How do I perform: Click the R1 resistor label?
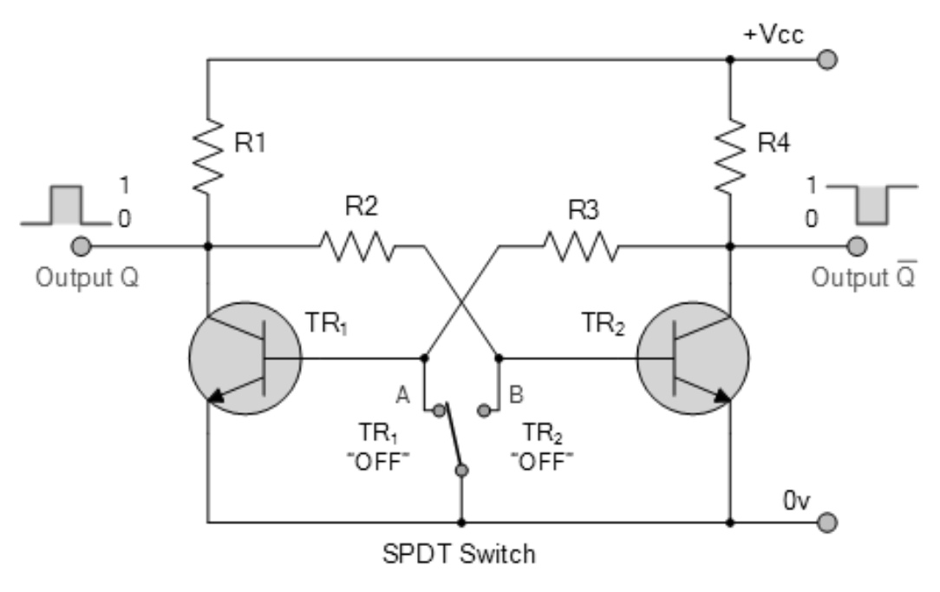coord(251,143)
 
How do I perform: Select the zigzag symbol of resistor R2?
coord(358,246)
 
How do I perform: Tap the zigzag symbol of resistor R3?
coord(581,246)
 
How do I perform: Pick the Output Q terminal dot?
coord(82,247)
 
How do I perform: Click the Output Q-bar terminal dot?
coord(857,247)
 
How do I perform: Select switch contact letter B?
coord(515,393)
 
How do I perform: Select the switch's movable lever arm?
coord(451,439)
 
